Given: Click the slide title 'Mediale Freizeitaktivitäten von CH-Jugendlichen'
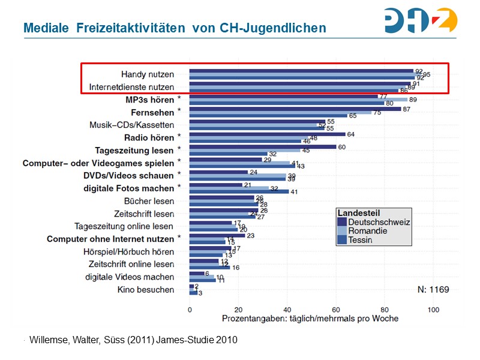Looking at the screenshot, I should point(175,28).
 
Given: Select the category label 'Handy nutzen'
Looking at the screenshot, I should point(148,74).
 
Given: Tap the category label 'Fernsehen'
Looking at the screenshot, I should point(152,112).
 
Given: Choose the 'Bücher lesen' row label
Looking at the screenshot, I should point(149,201).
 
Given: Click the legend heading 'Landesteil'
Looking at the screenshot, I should point(358,213).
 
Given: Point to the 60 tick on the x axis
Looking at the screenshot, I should point(335,310).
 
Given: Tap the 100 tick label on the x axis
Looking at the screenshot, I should point(433,310).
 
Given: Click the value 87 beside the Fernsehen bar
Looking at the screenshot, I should point(406,109).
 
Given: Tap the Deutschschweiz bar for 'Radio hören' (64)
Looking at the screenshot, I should point(267,134).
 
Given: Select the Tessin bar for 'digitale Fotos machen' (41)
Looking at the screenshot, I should point(239,191).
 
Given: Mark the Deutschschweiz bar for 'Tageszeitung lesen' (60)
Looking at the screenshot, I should point(262,147).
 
